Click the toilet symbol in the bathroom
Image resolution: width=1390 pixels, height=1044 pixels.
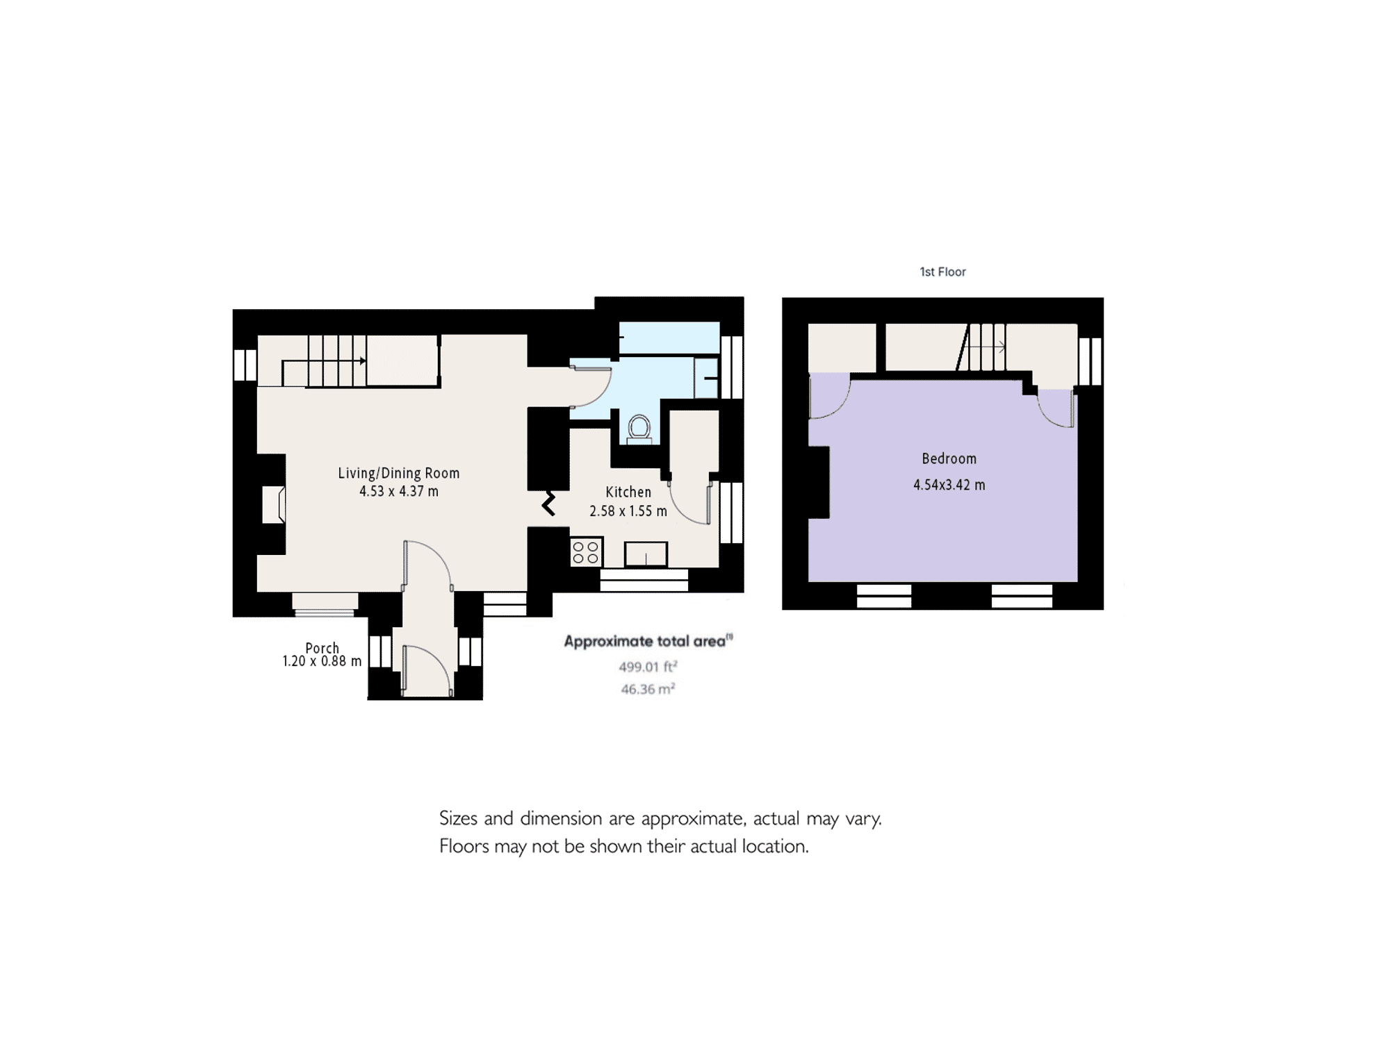639,429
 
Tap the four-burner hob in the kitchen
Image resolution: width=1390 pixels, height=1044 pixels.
585,553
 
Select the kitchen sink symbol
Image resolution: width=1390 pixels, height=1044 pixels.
646,554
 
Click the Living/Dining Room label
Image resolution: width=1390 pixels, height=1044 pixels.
399,474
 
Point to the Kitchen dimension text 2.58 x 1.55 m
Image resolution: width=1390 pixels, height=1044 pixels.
628,511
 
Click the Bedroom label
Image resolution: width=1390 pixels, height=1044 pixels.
949,459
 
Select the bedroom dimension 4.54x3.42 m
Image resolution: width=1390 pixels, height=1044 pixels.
949,486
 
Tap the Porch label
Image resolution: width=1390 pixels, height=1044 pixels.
322,647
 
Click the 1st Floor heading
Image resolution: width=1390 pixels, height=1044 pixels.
942,272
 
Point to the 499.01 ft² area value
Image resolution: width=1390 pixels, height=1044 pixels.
648,667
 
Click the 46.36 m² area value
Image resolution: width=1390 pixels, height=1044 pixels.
648,689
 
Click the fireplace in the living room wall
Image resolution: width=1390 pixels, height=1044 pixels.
273,504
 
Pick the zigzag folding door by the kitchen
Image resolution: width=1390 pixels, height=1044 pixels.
549,504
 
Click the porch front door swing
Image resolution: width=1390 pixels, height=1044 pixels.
427,670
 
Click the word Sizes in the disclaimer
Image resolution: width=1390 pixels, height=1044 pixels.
459,819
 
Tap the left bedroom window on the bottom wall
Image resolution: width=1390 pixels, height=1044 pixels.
883,596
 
